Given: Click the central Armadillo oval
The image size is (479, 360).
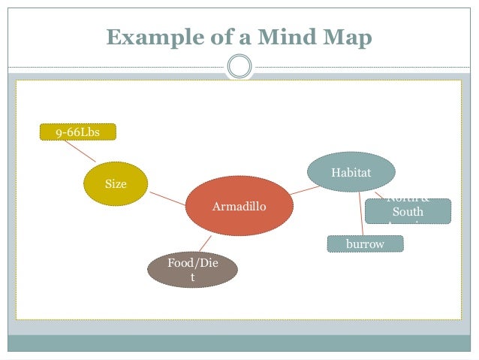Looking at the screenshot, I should pyautogui.click(x=239, y=206).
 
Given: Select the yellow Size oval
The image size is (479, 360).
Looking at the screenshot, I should pyautogui.click(x=116, y=184).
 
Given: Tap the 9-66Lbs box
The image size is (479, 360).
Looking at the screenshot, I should pyautogui.click(x=77, y=133).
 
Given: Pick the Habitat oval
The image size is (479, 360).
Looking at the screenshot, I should pyautogui.click(x=351, y=173).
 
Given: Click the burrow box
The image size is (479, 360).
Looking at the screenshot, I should pyautogui.click(x=365, y=244).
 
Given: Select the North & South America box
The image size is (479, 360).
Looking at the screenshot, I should pyautogui.click(x=408, y=211).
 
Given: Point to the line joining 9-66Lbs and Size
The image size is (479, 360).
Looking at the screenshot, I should pyautogui.click(x=80, y=151).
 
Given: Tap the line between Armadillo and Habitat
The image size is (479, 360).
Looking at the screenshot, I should pyautogui.click(x=303, y=189).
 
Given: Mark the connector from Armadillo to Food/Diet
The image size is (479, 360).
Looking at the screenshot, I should pyautogui.click(x=203, y=244).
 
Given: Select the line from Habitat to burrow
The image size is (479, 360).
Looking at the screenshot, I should pyautogui.click(x=361, y=214).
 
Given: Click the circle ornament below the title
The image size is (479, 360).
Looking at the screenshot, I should pyautogui.click(x=239, y=67).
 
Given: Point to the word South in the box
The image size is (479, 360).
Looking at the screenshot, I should pyautogui.click(x=408, y=213).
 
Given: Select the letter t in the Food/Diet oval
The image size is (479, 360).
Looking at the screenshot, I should pyautogui.click(x=192, y=277).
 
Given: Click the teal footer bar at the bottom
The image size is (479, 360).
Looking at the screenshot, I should pyautogui.click(x=239, y=342).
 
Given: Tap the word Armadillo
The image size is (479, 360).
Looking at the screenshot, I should pyautogui.click(x=239, y=206).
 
